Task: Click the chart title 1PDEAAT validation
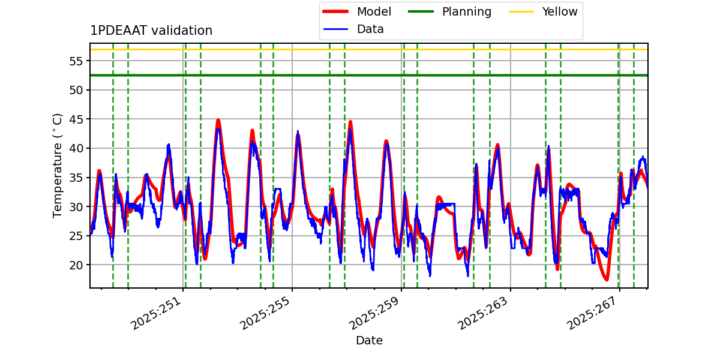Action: coord(151,31)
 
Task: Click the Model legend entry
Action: coord(374,11)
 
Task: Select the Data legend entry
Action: coord(370,29)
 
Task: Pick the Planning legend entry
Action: coord(466,11)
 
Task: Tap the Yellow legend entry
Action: coord(559,11)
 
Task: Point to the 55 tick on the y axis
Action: coord(76,61)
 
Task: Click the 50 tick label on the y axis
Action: coord(76,90)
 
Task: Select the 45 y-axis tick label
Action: coord(76,119)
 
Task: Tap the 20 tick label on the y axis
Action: coord(76,265)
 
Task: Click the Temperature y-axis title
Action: coord(58,165)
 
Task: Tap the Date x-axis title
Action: coord(369,341)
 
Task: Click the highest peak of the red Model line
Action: coord(218,121)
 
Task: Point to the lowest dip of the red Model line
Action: coord(607,280)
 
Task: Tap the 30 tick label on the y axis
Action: coord(76,207)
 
